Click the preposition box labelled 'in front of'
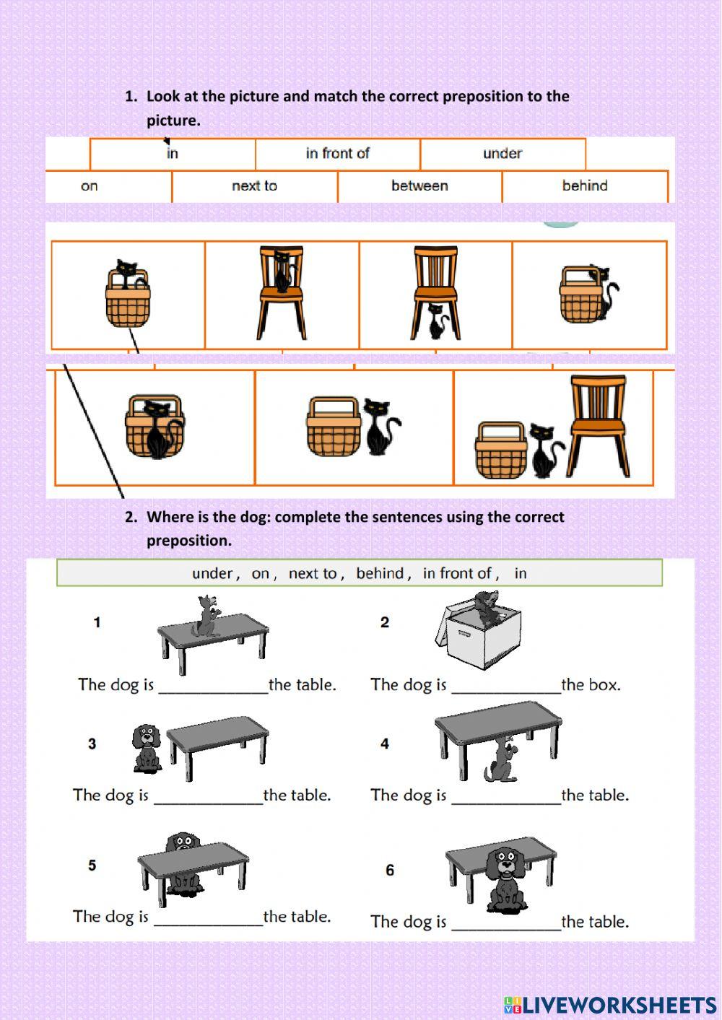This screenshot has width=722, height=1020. point(337,154)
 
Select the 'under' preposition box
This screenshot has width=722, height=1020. point(502,154)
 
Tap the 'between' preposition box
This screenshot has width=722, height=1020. point(419,186)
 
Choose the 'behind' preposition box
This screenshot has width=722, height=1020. point(584,186)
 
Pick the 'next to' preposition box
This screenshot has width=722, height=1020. point(254,186)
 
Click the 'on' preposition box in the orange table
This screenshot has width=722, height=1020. point(90,186)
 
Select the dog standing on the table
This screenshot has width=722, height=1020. point(206,616)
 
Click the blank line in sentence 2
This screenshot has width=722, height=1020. point(505,689)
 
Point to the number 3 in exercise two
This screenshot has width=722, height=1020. point(92,744)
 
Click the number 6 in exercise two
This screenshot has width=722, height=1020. point(390,870)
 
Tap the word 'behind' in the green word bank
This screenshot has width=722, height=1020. point(380,574)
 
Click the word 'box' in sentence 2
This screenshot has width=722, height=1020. point(603,685)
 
